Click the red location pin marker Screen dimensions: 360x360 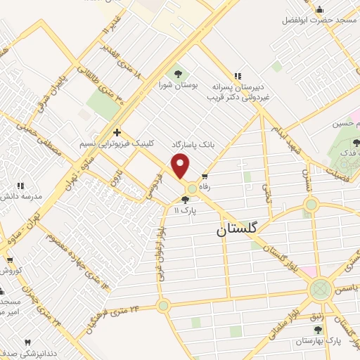181,167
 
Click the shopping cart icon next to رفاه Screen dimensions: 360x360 204,177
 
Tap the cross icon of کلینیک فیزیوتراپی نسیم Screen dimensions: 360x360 117,131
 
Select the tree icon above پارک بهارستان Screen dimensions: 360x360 317,328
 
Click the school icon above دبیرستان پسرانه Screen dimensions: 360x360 238,76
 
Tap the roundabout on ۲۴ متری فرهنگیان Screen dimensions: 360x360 164,304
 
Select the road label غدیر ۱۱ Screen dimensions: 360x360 112,22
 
